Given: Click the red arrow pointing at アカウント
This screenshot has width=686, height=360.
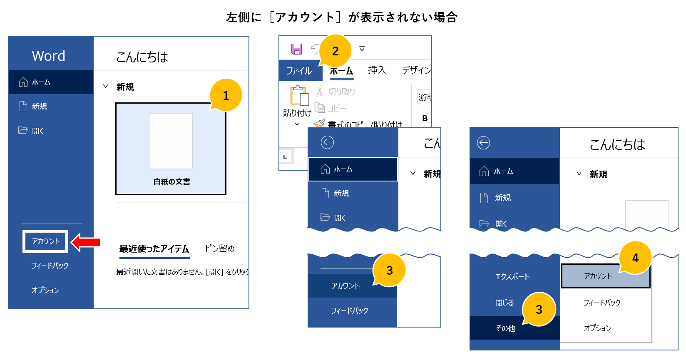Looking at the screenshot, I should [x=86, y=242].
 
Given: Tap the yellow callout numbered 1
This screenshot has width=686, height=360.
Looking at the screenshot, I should [x=226, y=95].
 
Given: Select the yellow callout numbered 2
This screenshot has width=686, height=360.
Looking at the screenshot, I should [x=335, y=51].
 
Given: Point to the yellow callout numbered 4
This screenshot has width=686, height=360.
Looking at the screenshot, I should [x=635, y=258].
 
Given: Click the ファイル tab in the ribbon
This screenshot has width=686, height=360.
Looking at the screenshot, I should [x=299, y=71].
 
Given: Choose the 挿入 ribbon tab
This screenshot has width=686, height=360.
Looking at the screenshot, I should [x=377, y=70].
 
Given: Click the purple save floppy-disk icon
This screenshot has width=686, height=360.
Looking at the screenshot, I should [x=296, y=49].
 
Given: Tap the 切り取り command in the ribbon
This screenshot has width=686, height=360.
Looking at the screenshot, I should [x=336, y=92].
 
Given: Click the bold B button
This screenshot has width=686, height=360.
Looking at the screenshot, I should [x=425, y=118].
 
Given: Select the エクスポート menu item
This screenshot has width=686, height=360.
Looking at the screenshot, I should [x=512, y=277].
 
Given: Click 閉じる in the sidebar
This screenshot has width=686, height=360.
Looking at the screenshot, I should [x=505, y=303].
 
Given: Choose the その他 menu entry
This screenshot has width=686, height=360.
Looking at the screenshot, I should [x=505, y=328].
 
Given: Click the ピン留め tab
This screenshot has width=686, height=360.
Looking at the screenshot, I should [x=220, y=248].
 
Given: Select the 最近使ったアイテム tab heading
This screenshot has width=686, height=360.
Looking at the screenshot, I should [x=154, y=249].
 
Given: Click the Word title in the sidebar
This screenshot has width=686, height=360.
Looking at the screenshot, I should [x=48, y=56].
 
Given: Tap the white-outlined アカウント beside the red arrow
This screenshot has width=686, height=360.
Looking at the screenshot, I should [x=46, y=241].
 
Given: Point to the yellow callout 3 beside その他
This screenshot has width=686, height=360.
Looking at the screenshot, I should [x=539, y=309].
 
